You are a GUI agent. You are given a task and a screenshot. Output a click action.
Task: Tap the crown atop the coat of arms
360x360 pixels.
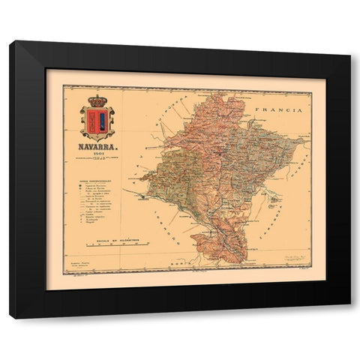[98, 100]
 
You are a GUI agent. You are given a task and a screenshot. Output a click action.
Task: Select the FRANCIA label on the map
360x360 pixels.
[279, 109]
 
